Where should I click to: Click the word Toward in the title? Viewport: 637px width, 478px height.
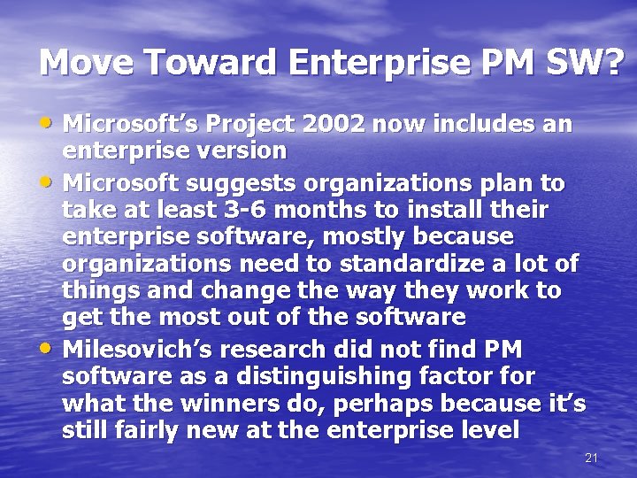pos(208,63)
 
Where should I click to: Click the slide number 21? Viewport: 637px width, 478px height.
pos(592,458)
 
